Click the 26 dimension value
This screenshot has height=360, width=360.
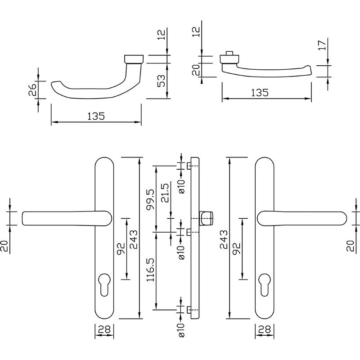[x=32, y=90]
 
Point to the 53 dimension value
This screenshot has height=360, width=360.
[x=162, y=81]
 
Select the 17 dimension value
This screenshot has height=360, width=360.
[x=322, y=45]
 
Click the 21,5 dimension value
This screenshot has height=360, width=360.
[x=165, y=193]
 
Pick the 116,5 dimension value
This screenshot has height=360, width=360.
[x=151, y=270]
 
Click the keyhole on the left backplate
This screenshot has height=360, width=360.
[x=104, y=284]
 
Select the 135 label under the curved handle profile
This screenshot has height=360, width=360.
[x=96, y=116]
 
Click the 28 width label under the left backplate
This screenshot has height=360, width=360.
[x=104, y=330]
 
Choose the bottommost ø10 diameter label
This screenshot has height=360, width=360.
[x=181, y=330]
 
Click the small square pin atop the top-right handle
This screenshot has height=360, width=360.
[x=229, y=53]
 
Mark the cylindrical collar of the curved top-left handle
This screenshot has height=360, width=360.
[x=134, y=59]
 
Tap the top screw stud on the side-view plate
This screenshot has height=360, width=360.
[x=189, y=166]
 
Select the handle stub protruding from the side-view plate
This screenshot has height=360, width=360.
[x=206, y=218]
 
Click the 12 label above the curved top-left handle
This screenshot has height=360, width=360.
[x=162, y=35]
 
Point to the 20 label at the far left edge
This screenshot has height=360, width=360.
[x=4, y=246]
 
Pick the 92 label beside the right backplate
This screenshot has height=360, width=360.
[x=237, y=249]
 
